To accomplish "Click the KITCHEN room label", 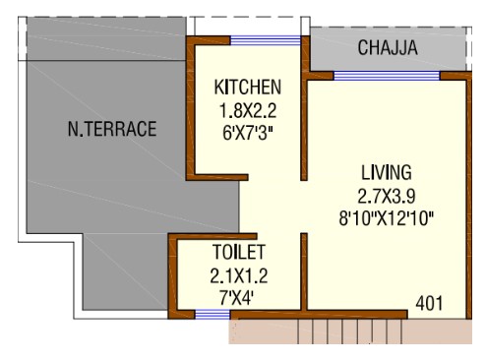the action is [248, 88].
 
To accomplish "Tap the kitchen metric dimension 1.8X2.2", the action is [248, 110].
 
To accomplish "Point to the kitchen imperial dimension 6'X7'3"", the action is [248, 134].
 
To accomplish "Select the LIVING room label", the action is [387, 172].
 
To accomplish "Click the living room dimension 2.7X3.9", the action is [387, 196].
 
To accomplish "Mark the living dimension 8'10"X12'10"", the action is [387, 218].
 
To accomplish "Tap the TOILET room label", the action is [239, 252].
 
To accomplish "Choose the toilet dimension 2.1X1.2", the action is [239, 275].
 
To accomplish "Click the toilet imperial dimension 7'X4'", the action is [237, 298].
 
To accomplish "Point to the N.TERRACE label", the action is [112, 129].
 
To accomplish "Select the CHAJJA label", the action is [388, 48].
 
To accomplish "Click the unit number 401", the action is [429, 303].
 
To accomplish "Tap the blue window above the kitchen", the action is [266, 40].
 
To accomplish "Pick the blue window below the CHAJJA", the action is [387, 76].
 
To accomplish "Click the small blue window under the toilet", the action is [212, 315].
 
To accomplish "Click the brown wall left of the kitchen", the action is [191, 108].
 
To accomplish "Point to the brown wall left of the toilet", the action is [172, 276].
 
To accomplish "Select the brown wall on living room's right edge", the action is [469, 196].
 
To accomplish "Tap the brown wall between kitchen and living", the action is [305, 108].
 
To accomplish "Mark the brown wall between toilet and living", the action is [304, 271].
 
